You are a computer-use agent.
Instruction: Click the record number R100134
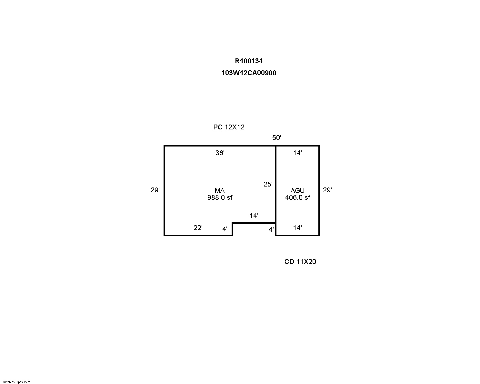pos(249,61)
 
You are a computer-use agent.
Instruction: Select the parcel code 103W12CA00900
pos(249,73)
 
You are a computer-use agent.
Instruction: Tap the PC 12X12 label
pos(229,127)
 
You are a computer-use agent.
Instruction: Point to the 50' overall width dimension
pos(276,138)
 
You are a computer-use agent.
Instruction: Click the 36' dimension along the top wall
pos(220,153)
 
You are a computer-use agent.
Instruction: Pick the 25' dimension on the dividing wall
pos(268,184)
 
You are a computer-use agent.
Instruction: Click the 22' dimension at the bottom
pos(198,228)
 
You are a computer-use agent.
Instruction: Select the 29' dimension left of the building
pos(155,190)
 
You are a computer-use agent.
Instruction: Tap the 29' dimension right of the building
pos(327,190)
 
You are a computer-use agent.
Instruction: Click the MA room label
pos(219,191)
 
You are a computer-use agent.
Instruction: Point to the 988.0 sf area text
pos(220,197)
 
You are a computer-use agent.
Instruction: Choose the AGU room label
pos(297,191)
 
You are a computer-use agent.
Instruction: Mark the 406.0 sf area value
pos(297,197)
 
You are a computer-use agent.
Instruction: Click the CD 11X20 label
pos(300,262)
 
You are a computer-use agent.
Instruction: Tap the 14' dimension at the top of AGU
pos(297,153)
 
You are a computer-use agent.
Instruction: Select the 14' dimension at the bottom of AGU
pos(297,228)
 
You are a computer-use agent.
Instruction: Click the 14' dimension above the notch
pos(254,216)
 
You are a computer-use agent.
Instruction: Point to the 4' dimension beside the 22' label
pos(225,229)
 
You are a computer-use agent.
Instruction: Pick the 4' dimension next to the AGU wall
pos(271,229)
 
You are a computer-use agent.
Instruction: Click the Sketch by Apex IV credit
pos(16,382)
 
